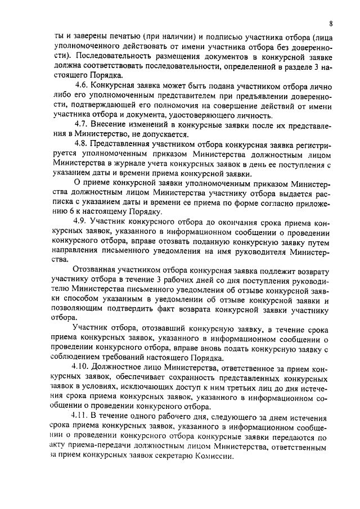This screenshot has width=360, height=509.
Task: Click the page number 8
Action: (x=331, y=24)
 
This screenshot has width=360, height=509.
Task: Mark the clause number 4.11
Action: (x=83, y=416)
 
